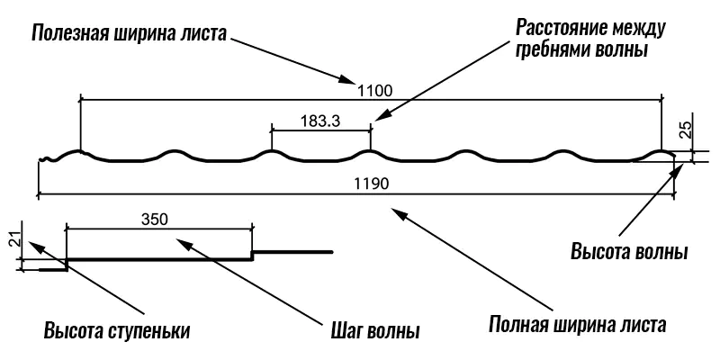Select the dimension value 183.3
click(x=318, y=123)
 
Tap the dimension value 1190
click(x=373, y=184)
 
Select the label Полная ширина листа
click(x=577, y=324)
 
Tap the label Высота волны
click(x=629, y=250)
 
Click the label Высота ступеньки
click(x=117, y=329)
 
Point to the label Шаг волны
click(x=371, y=330)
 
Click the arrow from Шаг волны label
click(x=252, y=279)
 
